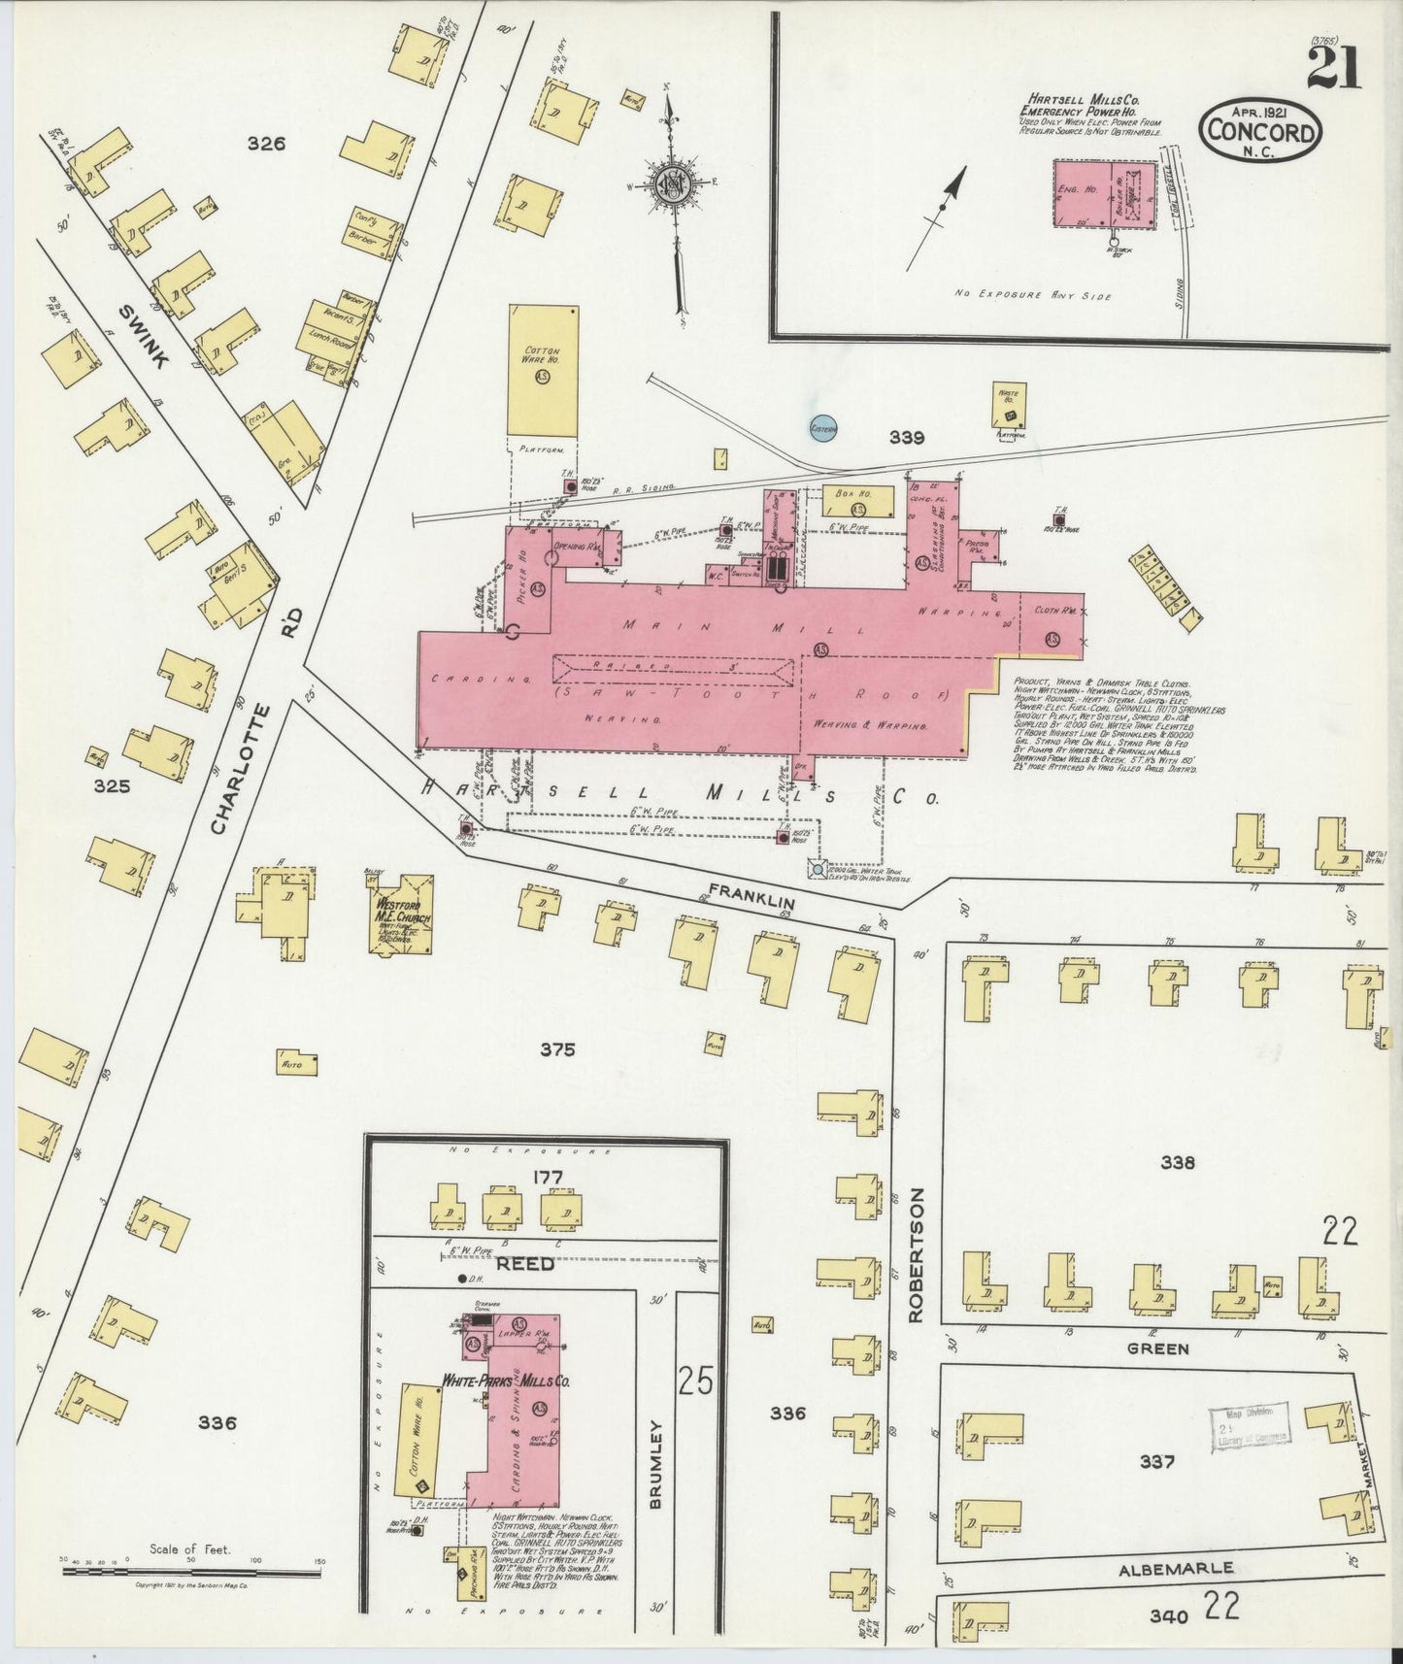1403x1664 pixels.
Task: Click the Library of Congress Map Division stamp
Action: coord(1249,1427)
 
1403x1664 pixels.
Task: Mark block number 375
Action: coord(558,1048)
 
